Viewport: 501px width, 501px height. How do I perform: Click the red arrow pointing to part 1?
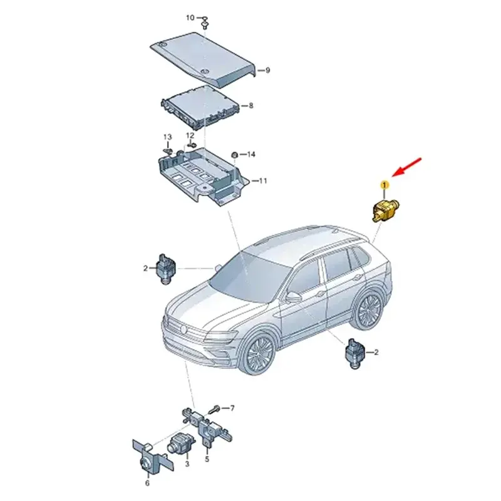point(406,167)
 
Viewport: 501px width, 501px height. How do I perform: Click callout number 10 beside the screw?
point(190,18)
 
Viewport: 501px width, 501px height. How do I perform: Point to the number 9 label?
point(268,70)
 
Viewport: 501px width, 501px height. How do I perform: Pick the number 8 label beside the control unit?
point(251,105)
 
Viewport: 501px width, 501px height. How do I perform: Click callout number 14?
point(251,155)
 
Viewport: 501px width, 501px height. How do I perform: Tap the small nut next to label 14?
point(234,155)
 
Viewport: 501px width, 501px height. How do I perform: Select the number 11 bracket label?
point(262,181)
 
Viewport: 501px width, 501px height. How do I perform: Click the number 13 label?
point(168,137)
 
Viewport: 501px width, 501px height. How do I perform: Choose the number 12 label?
point(190,135)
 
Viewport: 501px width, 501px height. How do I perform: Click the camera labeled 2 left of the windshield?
point(166,269)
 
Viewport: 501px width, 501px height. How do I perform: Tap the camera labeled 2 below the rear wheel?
point(356,354)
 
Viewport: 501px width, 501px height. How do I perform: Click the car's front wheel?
point(260,354)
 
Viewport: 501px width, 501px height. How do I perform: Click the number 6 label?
point(147,483)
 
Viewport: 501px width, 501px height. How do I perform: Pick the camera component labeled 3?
point(180,444)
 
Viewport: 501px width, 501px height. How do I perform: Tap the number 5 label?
point(207,459)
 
